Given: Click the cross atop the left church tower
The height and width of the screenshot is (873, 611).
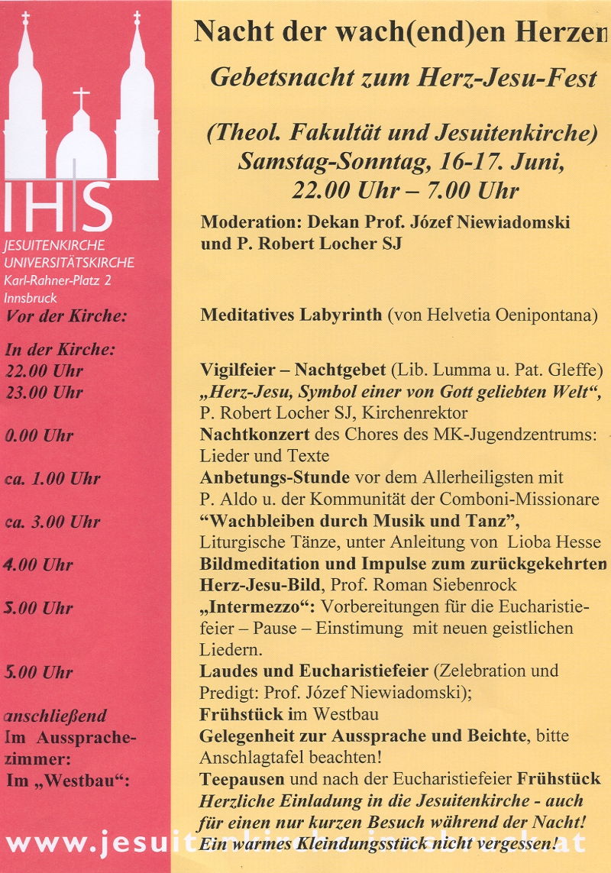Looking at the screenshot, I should click(x=26, y=18).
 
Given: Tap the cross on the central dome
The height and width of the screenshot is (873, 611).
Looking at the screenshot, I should click(x=82, y=98).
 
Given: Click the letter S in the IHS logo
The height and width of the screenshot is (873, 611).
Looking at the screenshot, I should click(x=96, y=208).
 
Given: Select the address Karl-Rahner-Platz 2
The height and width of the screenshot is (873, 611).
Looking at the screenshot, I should click(x=57, y=282).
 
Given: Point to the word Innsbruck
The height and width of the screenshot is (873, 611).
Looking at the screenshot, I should click(x=30, y=299).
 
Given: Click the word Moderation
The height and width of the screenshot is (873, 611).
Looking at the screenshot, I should click(x=251, y=222).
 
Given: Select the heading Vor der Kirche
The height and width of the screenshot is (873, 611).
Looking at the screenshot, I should click(x=66, y=317).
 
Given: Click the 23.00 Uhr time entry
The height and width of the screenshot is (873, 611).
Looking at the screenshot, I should click(x=44, y=393).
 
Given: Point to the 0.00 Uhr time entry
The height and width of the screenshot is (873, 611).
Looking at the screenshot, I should click(x=39, y=436).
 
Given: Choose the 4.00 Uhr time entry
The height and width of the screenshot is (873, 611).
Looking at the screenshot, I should click(x=39, y=565).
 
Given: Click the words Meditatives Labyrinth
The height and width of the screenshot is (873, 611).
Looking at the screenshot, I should click(x=291, y=315).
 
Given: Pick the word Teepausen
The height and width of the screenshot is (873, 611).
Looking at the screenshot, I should click(x=241, y=780).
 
